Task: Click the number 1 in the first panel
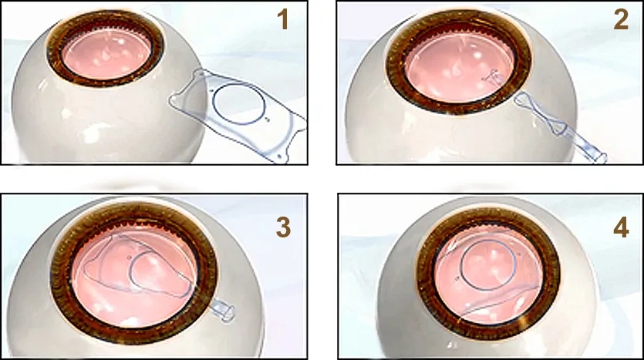283,20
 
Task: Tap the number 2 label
621,20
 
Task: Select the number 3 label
283,227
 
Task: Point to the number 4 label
621,227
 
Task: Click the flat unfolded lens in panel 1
238,115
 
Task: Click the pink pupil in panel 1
106,53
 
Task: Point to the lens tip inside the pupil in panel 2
494,77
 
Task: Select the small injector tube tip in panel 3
224,311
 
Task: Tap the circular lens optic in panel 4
488,265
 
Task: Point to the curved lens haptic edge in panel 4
499,301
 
